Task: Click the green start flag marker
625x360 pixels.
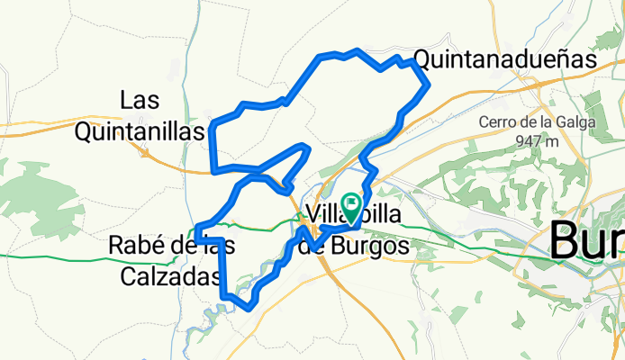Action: click(350, 205)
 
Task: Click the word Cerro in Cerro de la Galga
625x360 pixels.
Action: click(497, 122)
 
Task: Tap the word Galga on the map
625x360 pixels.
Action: click(582, 122)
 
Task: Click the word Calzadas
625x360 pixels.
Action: click(169, 277)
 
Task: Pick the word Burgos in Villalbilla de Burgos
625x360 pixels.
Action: click(367, 245)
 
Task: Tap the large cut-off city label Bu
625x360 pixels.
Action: click(585, 240)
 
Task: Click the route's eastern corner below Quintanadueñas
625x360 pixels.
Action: click(428, 85)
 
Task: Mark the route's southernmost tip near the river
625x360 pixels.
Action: click(248, 308)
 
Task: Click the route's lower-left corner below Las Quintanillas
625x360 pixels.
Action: click(213, 169)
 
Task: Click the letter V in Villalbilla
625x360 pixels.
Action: click(312, 214)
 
